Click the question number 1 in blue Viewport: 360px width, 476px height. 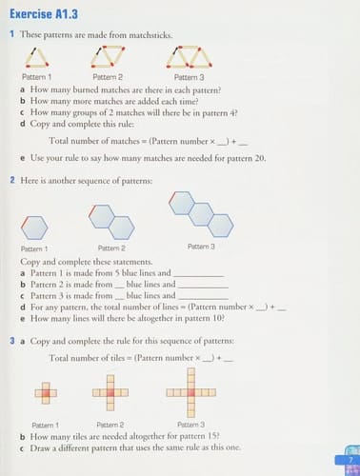click(11, 35)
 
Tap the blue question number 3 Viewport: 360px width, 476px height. click(11, 339)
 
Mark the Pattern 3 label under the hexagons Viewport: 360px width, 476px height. click(201, 247)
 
